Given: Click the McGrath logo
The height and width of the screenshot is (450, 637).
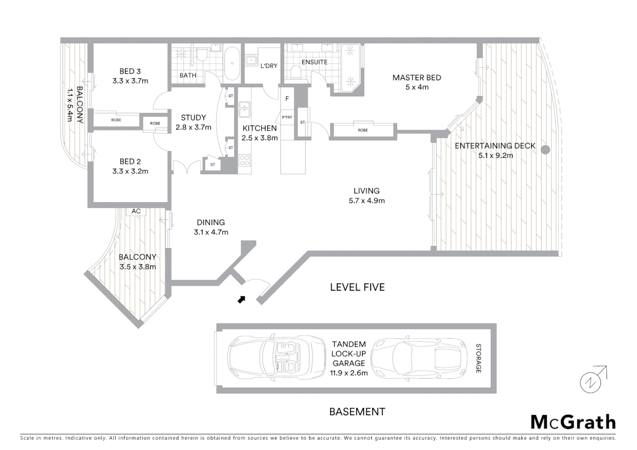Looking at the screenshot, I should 573,422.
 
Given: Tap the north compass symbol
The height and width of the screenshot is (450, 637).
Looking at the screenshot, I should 591,381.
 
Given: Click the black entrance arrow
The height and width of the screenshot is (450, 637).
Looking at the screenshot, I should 241,299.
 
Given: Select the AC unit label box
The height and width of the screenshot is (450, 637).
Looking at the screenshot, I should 136,211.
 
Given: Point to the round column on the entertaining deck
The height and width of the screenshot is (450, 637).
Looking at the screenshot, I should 545,150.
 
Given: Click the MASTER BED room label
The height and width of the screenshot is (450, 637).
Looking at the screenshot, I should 416,77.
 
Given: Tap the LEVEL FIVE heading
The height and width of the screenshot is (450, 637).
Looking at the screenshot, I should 357,287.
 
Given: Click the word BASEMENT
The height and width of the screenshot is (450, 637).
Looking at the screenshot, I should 357,412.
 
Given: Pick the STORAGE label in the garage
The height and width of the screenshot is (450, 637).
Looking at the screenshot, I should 479,358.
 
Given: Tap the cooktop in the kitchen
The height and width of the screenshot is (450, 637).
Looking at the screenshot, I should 245,160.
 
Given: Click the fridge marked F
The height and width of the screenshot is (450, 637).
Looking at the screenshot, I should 287,99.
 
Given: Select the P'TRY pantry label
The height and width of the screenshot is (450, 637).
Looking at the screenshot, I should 287,117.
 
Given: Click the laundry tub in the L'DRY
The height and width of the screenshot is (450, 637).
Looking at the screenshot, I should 251,61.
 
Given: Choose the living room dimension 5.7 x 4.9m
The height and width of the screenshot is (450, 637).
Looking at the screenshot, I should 366,200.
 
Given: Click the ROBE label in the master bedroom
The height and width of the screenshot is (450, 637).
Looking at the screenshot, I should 363,130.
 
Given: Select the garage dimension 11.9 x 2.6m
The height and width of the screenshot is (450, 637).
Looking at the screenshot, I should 349,373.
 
